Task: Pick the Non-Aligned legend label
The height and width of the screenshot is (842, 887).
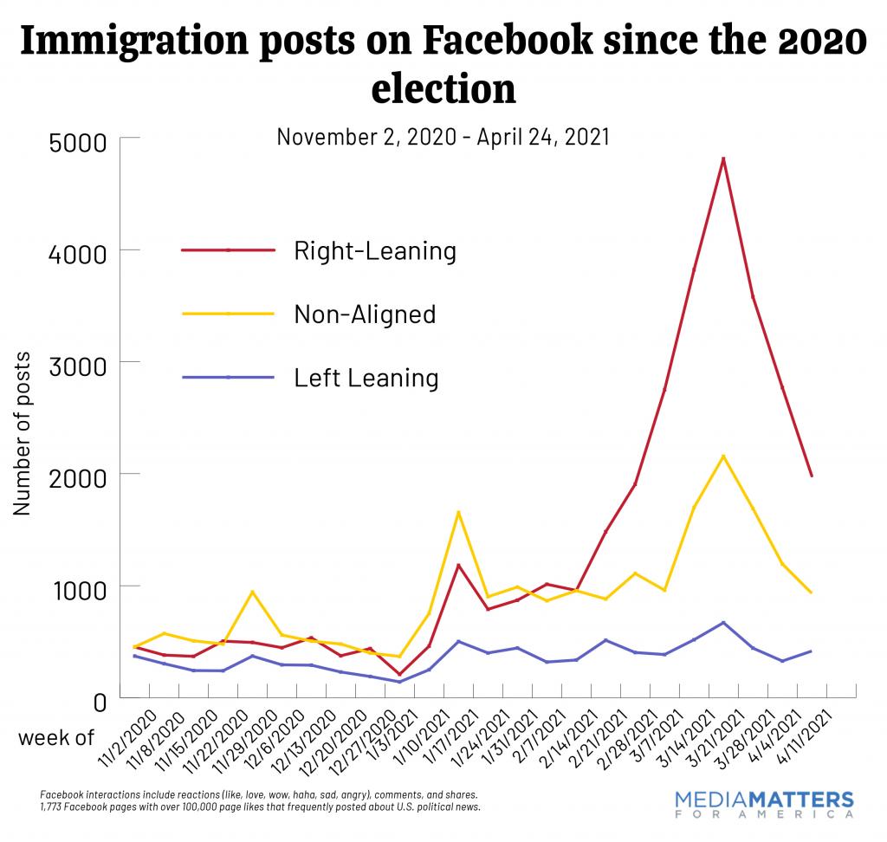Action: pyautogui.click(x=364, y=314)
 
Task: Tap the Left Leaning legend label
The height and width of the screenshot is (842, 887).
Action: pyautogui.click(x=366, y=378)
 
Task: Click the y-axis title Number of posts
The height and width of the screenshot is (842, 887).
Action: pyautogui.click(x=23, y=433)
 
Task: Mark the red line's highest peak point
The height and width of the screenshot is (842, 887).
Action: pyautogui.click(x=722, y=159)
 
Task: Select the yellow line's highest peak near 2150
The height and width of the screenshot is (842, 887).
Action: pyautogui.click(x=722, y=457)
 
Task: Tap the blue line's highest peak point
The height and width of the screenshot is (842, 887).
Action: pyautogui.click(x=722, y=623)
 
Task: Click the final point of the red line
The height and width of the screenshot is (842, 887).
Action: pyautogui.click(x=812, y=476)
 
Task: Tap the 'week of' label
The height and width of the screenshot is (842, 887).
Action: pyautogui.click(x=55, y=737)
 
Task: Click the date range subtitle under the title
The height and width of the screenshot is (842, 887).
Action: pyautogui.click(x=443, y=137)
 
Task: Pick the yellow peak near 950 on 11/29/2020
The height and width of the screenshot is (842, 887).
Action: pyautogui.click(x=252, y=592)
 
